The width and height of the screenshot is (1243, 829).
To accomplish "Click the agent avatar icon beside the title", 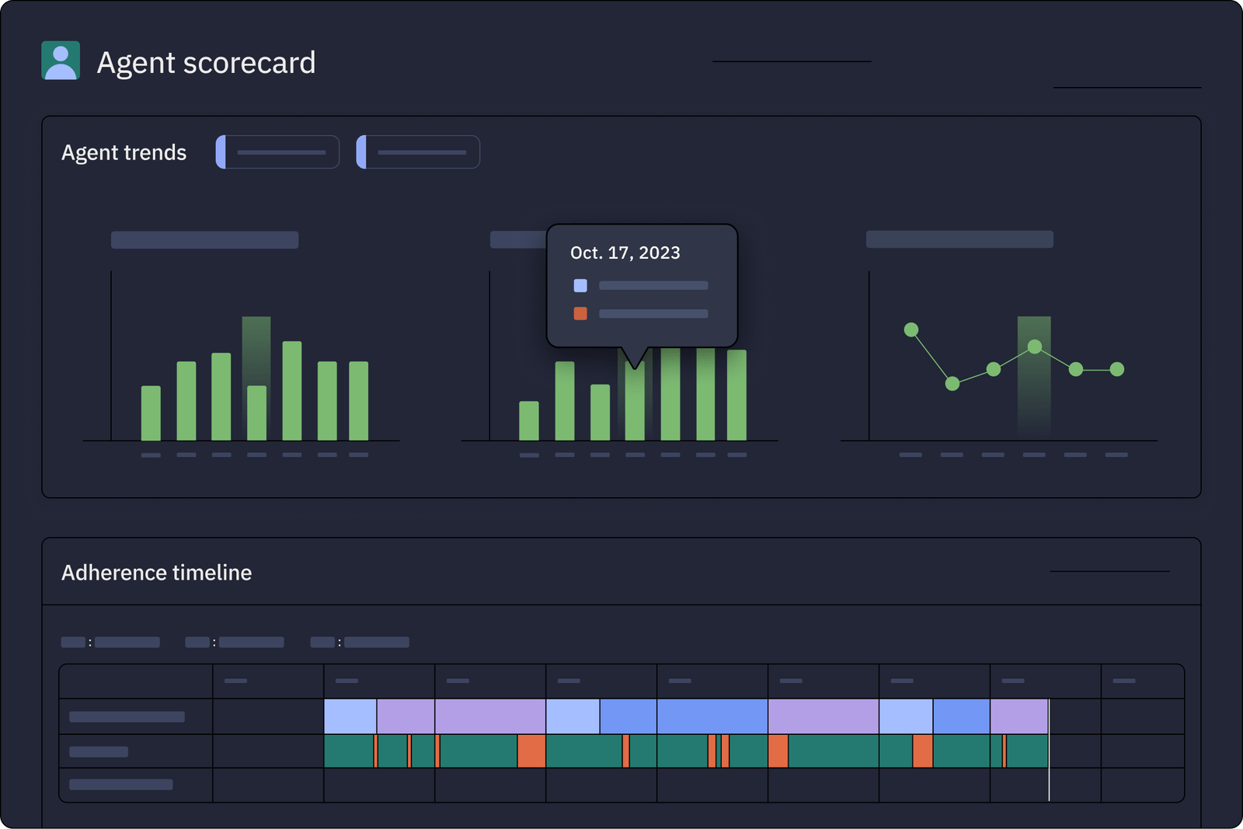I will [61, 61].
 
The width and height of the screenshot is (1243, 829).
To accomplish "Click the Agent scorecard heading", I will [206, 63].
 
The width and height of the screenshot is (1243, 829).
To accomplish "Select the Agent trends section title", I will [124, 152].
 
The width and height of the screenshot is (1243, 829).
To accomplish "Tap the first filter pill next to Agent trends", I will [277, 152].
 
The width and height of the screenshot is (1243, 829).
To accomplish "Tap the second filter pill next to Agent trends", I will [418, 152].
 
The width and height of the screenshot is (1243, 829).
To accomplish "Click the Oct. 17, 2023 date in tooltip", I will [625, 253].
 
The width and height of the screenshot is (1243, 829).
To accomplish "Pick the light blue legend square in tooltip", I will [580, 286].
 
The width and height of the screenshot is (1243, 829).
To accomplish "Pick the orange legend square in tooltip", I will [580, 314].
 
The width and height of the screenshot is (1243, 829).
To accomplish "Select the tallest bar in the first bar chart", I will [292, 391].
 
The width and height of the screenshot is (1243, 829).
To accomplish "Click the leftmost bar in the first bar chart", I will [151, 413].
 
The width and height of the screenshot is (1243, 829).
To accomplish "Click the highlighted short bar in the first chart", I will [256, 413].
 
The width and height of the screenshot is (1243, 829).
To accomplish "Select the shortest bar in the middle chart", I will [529, 421].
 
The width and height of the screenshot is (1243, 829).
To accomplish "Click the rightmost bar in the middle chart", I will [736, 395].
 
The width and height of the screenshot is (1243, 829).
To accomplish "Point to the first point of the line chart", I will [911, 330].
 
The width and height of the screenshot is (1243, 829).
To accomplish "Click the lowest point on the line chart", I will [952, 383].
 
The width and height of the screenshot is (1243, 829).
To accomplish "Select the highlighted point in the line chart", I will [1035, 347].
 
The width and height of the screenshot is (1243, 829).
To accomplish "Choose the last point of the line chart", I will [1117, 370].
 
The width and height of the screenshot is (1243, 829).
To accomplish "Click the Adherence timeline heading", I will [156, 573].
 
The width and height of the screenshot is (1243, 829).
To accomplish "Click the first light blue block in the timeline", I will [350, 716].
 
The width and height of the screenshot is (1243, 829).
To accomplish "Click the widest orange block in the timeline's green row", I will [531, 751].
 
